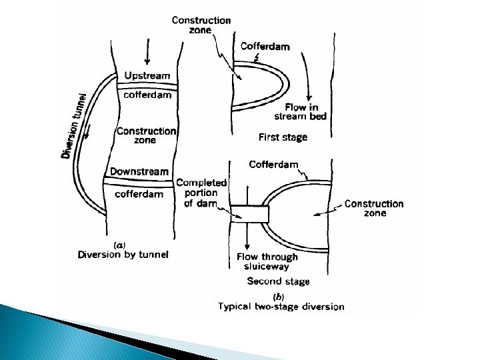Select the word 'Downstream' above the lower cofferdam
pyautogui.click(x=139, y=172)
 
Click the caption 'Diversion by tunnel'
pyautogui.click(x=123, y=254)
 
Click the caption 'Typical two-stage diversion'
pyautogui.click(x=281, y=307)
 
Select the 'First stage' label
pyautogui.click(x=283, y=137)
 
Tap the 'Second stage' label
pyautogui.click(x=278, y=281)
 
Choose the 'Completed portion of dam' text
pyautogui.click(x=201, y=193)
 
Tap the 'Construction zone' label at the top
pyautogui.click(x=201, y=25)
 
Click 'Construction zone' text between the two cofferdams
pyautogui.click(x=146, y=135)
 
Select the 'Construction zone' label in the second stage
pyautogui.click(x=374, y=208)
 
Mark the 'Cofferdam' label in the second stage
pyautogui.click(x=273, y=164)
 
